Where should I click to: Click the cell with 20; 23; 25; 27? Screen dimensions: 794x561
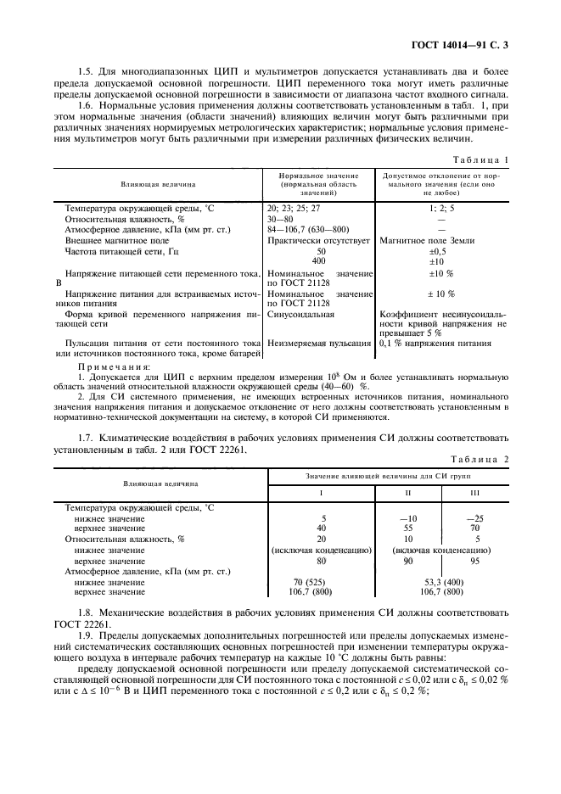(293, 207)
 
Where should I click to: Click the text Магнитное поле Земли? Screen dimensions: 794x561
(422, 240)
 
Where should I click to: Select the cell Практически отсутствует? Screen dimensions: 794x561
(319, 240)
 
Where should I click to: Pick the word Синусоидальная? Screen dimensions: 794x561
(300, 314)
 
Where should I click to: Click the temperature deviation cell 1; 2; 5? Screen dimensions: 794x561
(441, 207)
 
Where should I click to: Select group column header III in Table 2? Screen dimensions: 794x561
(475, 493)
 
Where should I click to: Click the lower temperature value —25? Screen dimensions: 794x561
(475, 517)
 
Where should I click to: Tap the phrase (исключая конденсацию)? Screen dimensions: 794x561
(322, 550)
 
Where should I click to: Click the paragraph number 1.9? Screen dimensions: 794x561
(87, 635)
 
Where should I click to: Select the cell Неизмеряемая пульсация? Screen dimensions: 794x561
(319, 344)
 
